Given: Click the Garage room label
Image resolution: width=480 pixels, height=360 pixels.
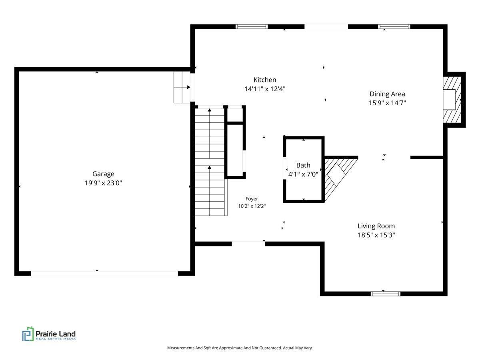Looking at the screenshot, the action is (x=103, y=174).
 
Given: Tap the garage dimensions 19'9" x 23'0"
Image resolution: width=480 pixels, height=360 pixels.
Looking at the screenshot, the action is (x=103, y=183).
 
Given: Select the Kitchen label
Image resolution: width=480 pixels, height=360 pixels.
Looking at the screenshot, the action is (x=265, y=80).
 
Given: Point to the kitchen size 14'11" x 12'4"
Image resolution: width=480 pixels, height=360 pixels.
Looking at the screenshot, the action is (x=265, y=89).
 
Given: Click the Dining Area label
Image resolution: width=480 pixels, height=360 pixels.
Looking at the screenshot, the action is (x=387, y=94).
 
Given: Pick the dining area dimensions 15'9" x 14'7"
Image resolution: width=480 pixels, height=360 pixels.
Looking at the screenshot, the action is (x=387, y=103).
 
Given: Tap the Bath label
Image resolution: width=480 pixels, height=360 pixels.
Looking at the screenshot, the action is (x=303, y=165).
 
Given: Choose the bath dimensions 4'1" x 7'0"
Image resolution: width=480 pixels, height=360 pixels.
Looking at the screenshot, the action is (x=303, y=174).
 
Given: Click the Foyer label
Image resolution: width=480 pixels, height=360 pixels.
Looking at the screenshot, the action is (x=252, y=199).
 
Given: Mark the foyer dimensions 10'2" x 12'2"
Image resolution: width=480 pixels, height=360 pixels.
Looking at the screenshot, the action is (x=252, y=206).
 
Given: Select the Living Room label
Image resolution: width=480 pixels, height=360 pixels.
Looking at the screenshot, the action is (x=376, y=226).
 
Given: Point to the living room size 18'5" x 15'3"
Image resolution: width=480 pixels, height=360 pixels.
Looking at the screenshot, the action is (x=376, y=235).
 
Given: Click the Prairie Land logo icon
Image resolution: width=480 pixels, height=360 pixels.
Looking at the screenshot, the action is (x=28, y=334).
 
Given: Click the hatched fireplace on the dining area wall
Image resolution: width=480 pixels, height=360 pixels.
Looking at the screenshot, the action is (x=452, y=100).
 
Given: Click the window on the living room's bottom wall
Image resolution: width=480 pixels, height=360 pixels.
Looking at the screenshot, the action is (x=385, y=294).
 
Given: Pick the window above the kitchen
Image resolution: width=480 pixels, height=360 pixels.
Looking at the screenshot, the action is (x=252, y=27).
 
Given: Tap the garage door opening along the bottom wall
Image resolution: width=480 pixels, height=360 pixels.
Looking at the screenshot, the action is (x=104, y=274).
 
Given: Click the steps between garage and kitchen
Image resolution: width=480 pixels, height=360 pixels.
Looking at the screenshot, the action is (x=182, y=87).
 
